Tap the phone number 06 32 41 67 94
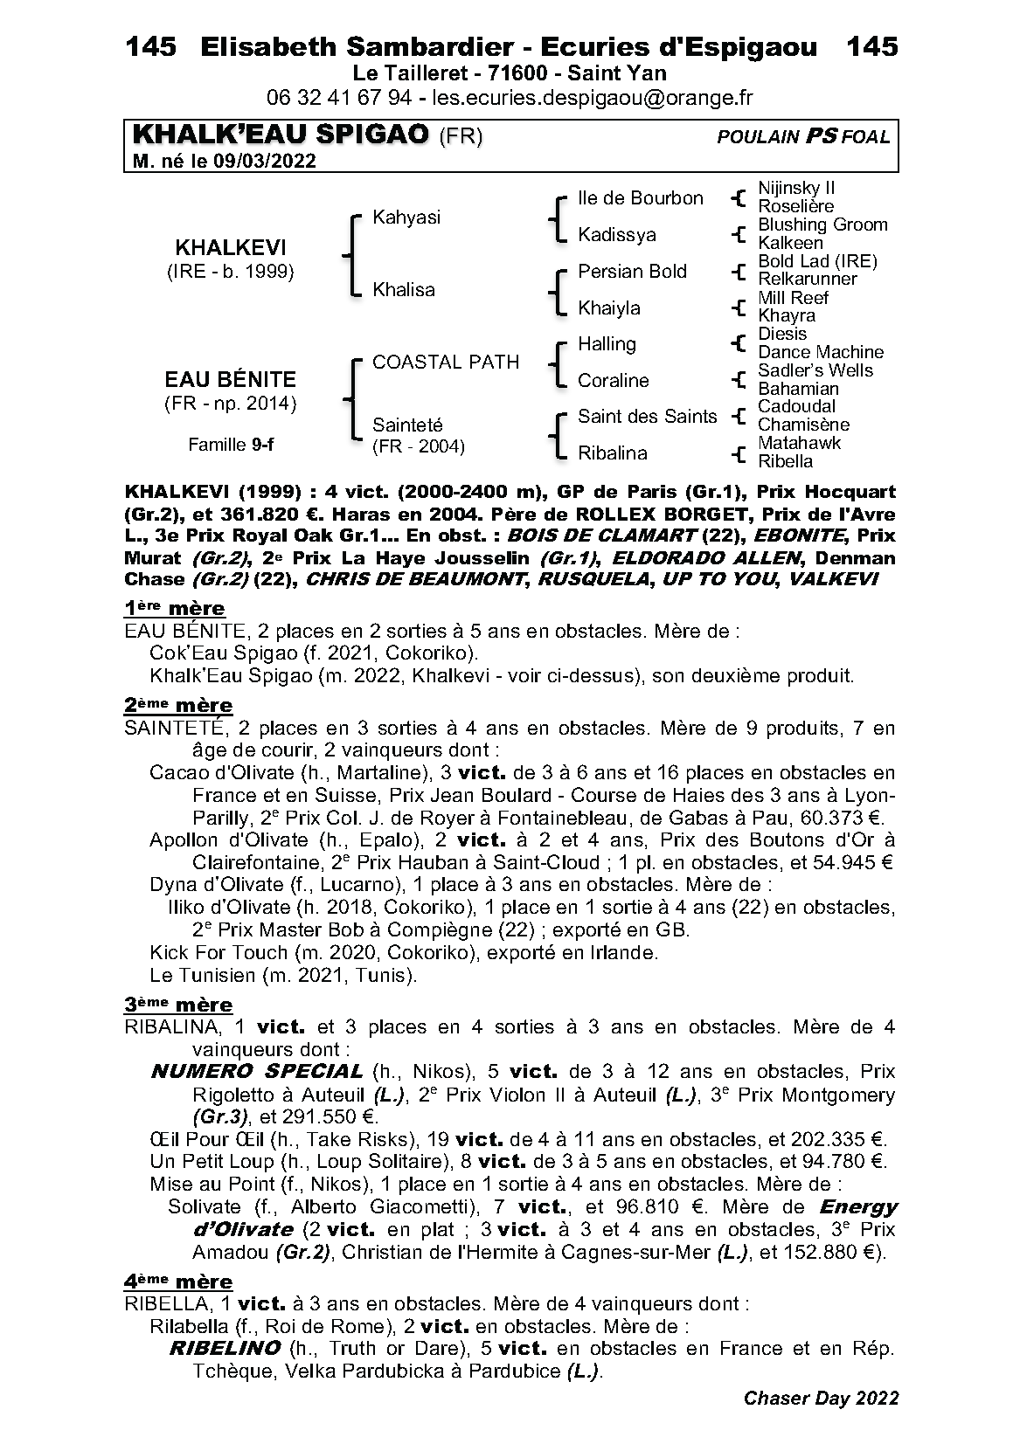pyautogui.click(x=339, y=98)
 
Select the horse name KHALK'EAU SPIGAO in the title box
pyautogui.click(x=281, y=135)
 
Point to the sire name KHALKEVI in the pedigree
pyautogui.click(x=230, y=247)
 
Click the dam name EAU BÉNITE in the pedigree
pyautogui.click(x=230, y=379)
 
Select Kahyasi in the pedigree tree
pyautogui.click(x=406, y=218)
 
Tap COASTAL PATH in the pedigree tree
pyautogui.click(x=446, y=362)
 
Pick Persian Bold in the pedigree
pyautogui.click(x=632, y=272)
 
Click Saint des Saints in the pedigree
pyautogui.click(x=647, y=417)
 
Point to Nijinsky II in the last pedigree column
pyautogui.click(x=796, y=188)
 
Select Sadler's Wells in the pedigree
pyautogui.click(x=815, y=370)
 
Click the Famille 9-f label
pyautogui.click(x=231, y=445)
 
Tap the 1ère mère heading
pyautogui.click(x=174, y=608)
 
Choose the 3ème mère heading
pyautogui.click(x=178, y=1005)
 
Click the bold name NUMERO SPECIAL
pyautogui.click(x=257, y=1072)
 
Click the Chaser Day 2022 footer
pyautogui.click(x=821, y=1399)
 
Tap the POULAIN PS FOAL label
pyautogui.click(x=803, y=136)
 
